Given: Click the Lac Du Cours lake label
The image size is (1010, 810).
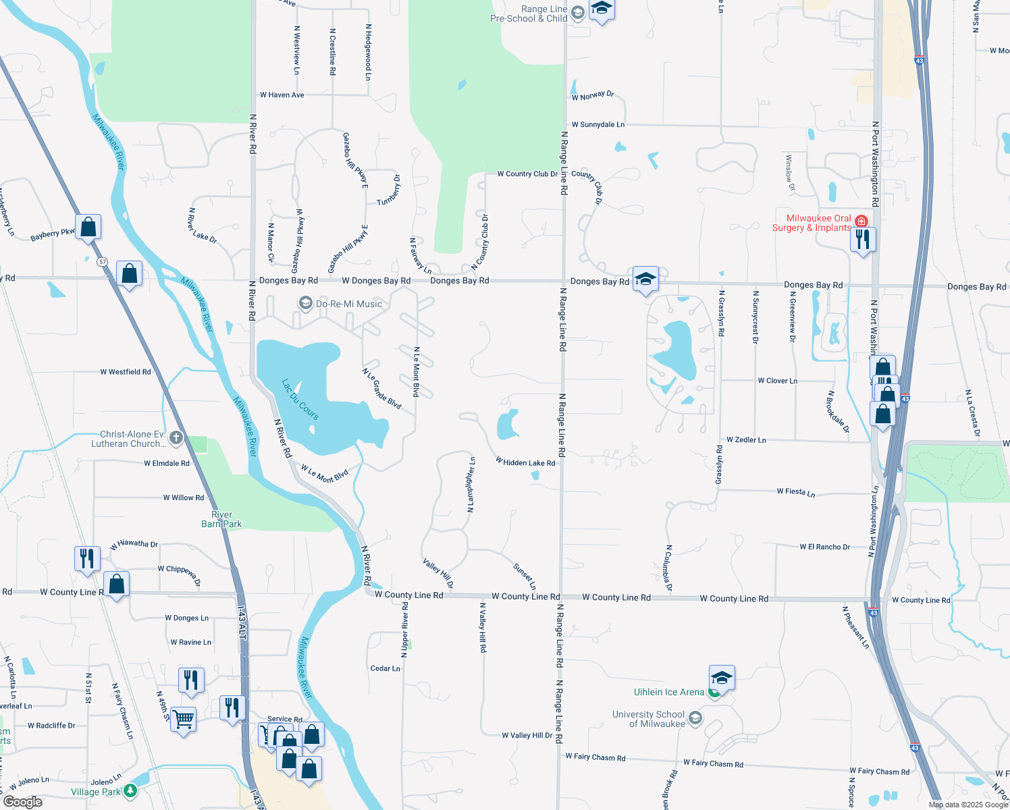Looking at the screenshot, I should pos(300,399).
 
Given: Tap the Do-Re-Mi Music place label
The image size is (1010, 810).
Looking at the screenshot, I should pos(348,304).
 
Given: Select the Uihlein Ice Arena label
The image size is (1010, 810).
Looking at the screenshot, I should pos(668,692).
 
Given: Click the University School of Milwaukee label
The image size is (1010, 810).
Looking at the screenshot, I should pos(648,719).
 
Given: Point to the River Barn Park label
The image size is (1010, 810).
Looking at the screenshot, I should pos(221,519).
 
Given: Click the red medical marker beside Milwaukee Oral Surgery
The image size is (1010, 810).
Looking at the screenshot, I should pos(861,221).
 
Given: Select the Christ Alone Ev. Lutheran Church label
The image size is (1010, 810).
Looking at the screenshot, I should pos(128,439).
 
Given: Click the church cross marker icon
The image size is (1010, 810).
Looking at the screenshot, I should pos(176,437).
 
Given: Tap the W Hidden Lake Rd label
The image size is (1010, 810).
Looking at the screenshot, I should pos(525,462).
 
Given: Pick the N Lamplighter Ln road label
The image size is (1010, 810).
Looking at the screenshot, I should pos(471,484).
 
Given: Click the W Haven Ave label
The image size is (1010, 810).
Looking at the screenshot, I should pos(282,95).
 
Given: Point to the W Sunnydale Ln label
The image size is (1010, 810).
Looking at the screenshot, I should pos(597,125).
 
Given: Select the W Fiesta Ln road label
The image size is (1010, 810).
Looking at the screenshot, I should pos(795,492).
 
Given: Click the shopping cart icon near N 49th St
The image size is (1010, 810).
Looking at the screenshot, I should pos(183,719).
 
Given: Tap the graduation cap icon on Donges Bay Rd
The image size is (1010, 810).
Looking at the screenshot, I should pos(645,279).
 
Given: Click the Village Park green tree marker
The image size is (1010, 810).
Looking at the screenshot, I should pos(130,790).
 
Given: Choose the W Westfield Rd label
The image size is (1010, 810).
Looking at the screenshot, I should pos(126,372).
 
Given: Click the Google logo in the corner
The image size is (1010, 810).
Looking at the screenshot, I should pos(23,801).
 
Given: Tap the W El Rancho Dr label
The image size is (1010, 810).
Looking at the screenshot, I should pos(824,547).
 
